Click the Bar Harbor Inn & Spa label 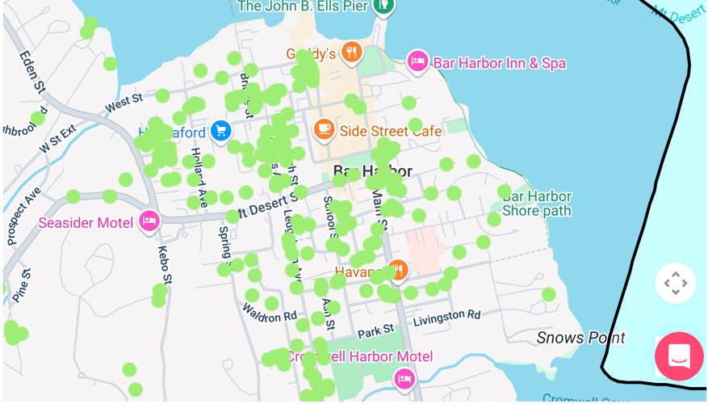click(x=499, y=63)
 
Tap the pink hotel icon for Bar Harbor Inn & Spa click(x=417, y=61)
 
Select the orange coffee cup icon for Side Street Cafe click(x=324, y=129)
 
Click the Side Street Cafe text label click(x=390, y=131)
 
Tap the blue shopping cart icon click(x=220, y=130)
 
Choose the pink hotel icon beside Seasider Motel click(x=149, y=221)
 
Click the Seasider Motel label click(x=86, y=222)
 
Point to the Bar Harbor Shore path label click(x=537, y=204)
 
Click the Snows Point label click(x=580, y=338)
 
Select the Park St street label click(x=375, y=330)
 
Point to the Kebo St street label click(x=163, y=265)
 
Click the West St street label click(x=124, y=103)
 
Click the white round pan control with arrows click(x=675, y=283)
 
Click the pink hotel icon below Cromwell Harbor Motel click(x=404, y=378)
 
